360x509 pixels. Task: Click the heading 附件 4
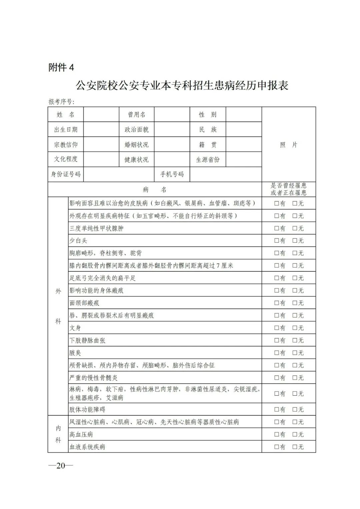[61, 68]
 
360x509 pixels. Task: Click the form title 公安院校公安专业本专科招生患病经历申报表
[182, 86]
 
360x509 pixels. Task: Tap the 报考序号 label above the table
[62, 102]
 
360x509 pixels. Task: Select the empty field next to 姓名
[101, 115]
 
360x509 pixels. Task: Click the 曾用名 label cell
[137, 115]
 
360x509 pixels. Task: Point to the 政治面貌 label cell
[137, 130]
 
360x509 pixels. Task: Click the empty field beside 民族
[243, 130]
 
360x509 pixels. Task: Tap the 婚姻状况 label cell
[137, 145]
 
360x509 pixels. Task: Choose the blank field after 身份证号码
[119, 174]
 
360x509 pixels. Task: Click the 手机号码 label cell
[172, 174]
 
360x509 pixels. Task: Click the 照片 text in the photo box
[288, 145]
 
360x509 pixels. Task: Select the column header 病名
[155, 190]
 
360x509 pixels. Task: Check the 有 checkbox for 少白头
[277, 241]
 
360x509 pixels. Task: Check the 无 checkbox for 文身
[295, 328]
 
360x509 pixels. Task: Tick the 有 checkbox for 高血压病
[277, 434]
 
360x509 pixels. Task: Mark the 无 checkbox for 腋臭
[295, 353]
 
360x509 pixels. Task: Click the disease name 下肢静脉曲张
[87, 340]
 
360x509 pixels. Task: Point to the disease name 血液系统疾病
[87, 447]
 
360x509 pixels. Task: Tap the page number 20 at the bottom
[61, 465]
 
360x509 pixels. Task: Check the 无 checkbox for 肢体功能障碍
[295, 409]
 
